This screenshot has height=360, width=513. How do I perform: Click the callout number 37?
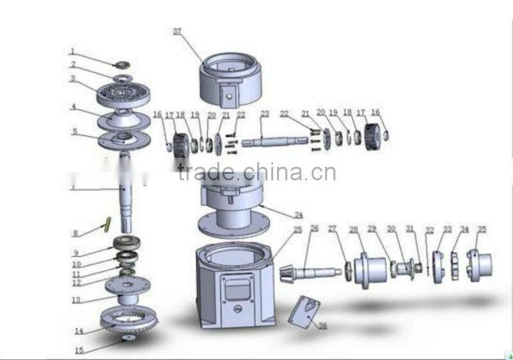[x=178, y=30]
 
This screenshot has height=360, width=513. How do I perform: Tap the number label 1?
[x=72, y=51]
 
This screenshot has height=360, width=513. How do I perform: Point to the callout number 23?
[x=264, y=114]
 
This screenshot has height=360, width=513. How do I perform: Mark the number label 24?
[x=298, y=215]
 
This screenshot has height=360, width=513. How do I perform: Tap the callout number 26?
[x=314, y=228]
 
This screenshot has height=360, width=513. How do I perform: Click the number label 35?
[x=482, y=229]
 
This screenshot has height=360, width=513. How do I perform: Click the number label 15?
[x=78, y=350]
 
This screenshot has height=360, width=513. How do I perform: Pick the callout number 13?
[x=76, y=300]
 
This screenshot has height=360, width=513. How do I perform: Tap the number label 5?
[x=75, y=131]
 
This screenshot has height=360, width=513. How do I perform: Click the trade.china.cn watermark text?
[x=256, y=173]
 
